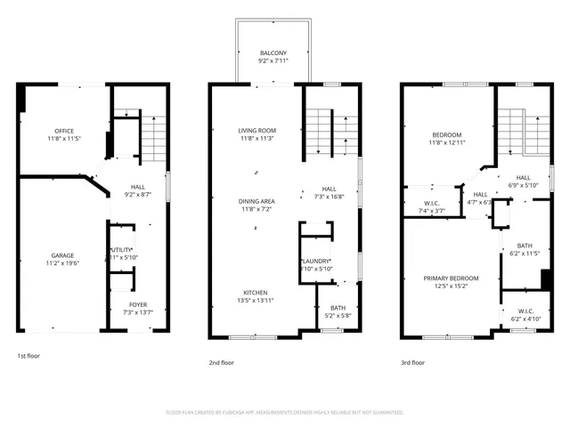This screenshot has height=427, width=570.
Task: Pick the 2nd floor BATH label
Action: coord(330,310)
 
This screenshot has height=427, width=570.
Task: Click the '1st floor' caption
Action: coord(29,356)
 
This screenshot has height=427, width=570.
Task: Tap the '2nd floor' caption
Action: coord(222,362)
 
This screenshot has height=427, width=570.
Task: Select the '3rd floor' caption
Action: coord(412,362)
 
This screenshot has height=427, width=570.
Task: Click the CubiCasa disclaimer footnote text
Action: coord(285,413)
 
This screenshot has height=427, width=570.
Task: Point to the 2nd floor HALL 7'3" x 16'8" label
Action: coord(329,193)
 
